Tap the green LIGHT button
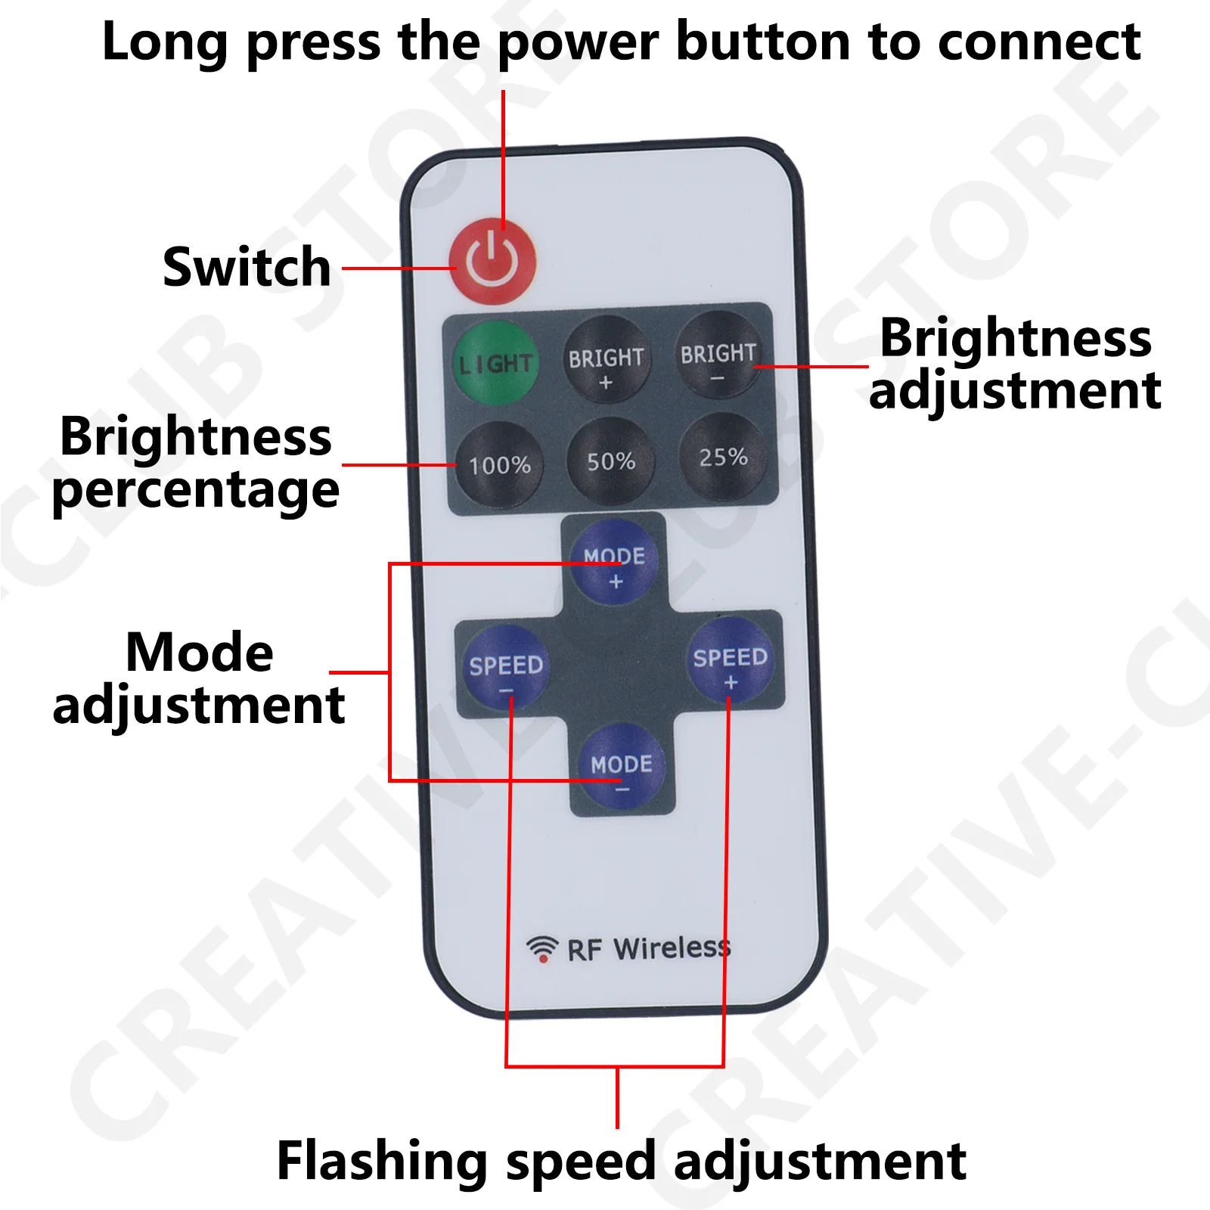(x=495, y=363)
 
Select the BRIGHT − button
(x=718, y=355)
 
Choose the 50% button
(x=611, y=461)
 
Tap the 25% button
(x=724, y=457)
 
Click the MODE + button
(x=614, y=562)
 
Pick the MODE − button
(x=622, y=765)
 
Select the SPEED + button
(x=731, y=660)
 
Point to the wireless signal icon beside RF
(x=542, y=949)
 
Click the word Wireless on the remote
(x=672, y=948)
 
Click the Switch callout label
(x=247, y=267)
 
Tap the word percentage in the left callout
(x=196, y=491)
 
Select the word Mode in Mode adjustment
(x=200, y=652)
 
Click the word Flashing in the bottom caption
(x=382, y=1161)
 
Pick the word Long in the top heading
(x=166, y=43)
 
